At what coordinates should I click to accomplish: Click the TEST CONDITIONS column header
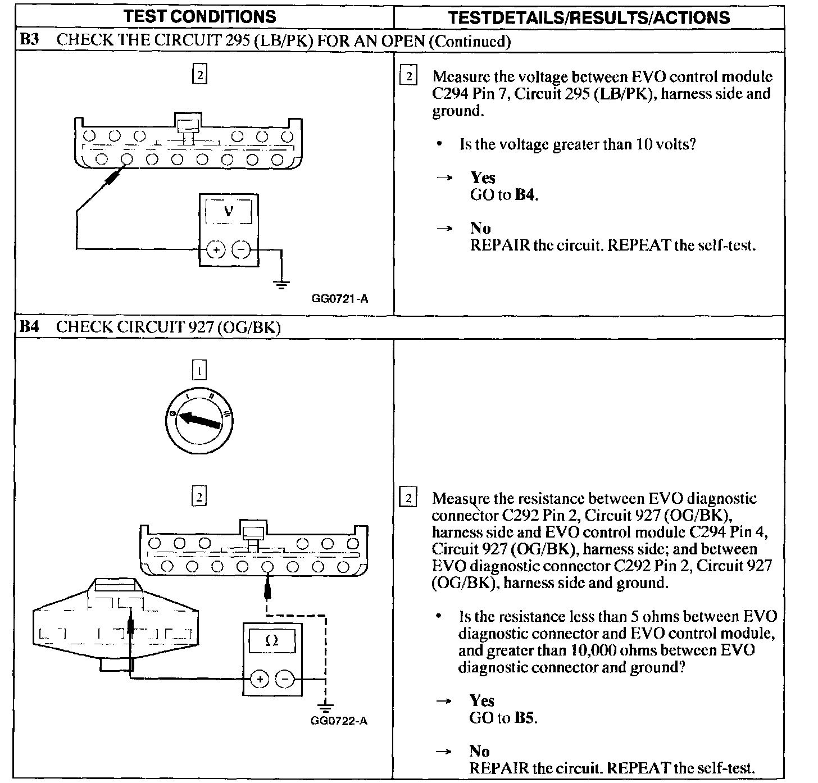pos(200,16)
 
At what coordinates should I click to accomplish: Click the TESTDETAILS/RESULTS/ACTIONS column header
pos(589,17)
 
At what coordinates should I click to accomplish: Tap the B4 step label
pos(29,327)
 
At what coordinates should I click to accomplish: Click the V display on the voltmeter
pos(229,212)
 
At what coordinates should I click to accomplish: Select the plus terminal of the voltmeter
pos(216,249)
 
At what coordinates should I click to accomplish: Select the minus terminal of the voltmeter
pos(241,249)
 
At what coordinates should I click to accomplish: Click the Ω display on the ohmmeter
pos(272,641)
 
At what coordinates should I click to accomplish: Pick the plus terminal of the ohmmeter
pos(259,679)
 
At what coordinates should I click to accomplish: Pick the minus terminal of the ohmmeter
pos(285,679)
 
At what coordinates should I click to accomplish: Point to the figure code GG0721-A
pos(340,299)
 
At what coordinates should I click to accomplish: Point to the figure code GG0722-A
pos(339,721)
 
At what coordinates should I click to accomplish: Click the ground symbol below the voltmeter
pos(281,284)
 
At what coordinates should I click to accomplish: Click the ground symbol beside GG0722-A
pos(325,706)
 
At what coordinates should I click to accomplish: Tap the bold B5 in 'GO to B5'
pos(525,718)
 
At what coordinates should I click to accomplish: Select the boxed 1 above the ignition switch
pos(199,370)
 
